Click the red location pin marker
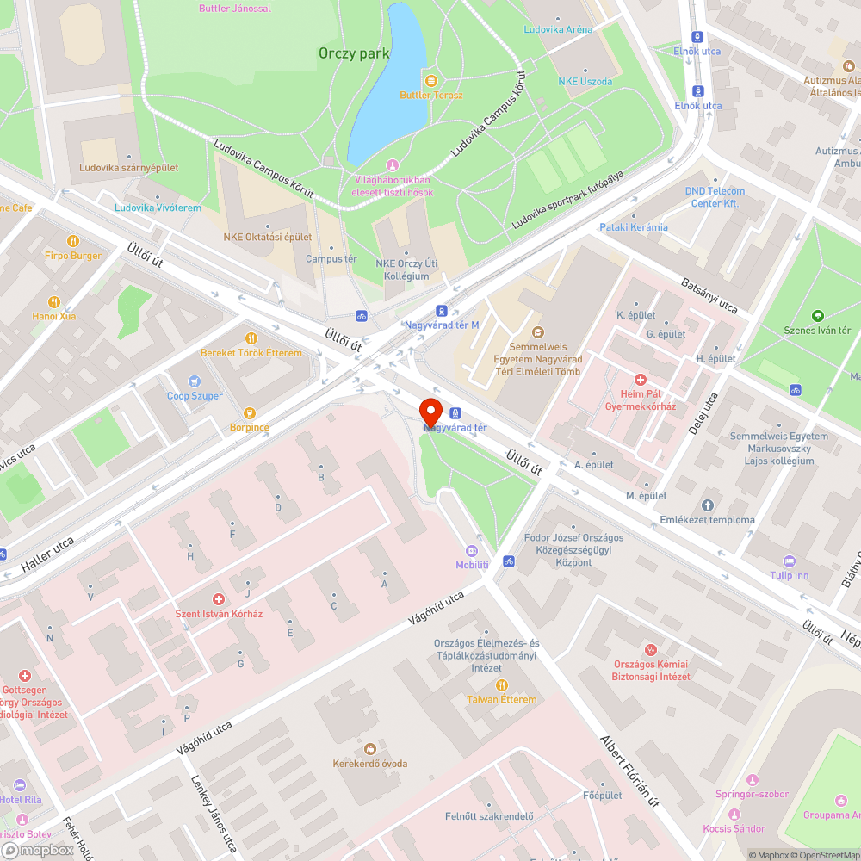click(430, 411)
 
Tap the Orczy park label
click(354, 53)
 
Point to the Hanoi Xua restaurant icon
click(54, 301)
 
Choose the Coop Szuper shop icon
click(195, 381)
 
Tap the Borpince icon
click(250, 413)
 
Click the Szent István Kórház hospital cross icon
click(219, 599)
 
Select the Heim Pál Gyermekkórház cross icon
click(640, 379)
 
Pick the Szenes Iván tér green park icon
click(817, 316)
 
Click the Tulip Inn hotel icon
click(790, 561)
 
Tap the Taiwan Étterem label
click(501, 699)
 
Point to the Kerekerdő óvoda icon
click(370, 749)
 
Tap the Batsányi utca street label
click(709, 294)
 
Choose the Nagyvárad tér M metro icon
click(441, 310)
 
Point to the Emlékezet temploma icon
click(708, 505)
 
